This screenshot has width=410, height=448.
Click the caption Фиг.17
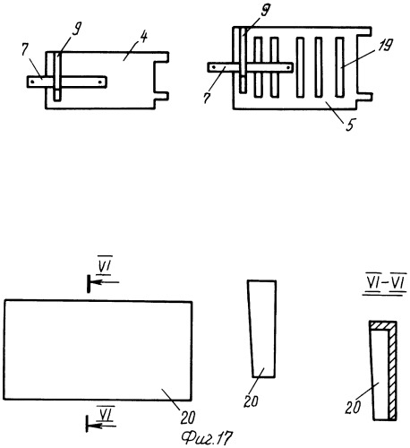pos(207,438)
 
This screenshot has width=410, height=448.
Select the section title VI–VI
pos(385,282)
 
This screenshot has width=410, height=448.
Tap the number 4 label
pos(143,38)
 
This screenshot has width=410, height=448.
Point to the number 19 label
pos(386,45)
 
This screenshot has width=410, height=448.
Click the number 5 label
pos(350,125)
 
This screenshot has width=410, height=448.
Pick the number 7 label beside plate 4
pos(25,51)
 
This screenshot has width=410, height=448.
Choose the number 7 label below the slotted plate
pos(207,98)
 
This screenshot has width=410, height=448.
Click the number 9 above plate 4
pos(77,29)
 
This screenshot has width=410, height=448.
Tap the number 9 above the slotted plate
pos(265,10)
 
